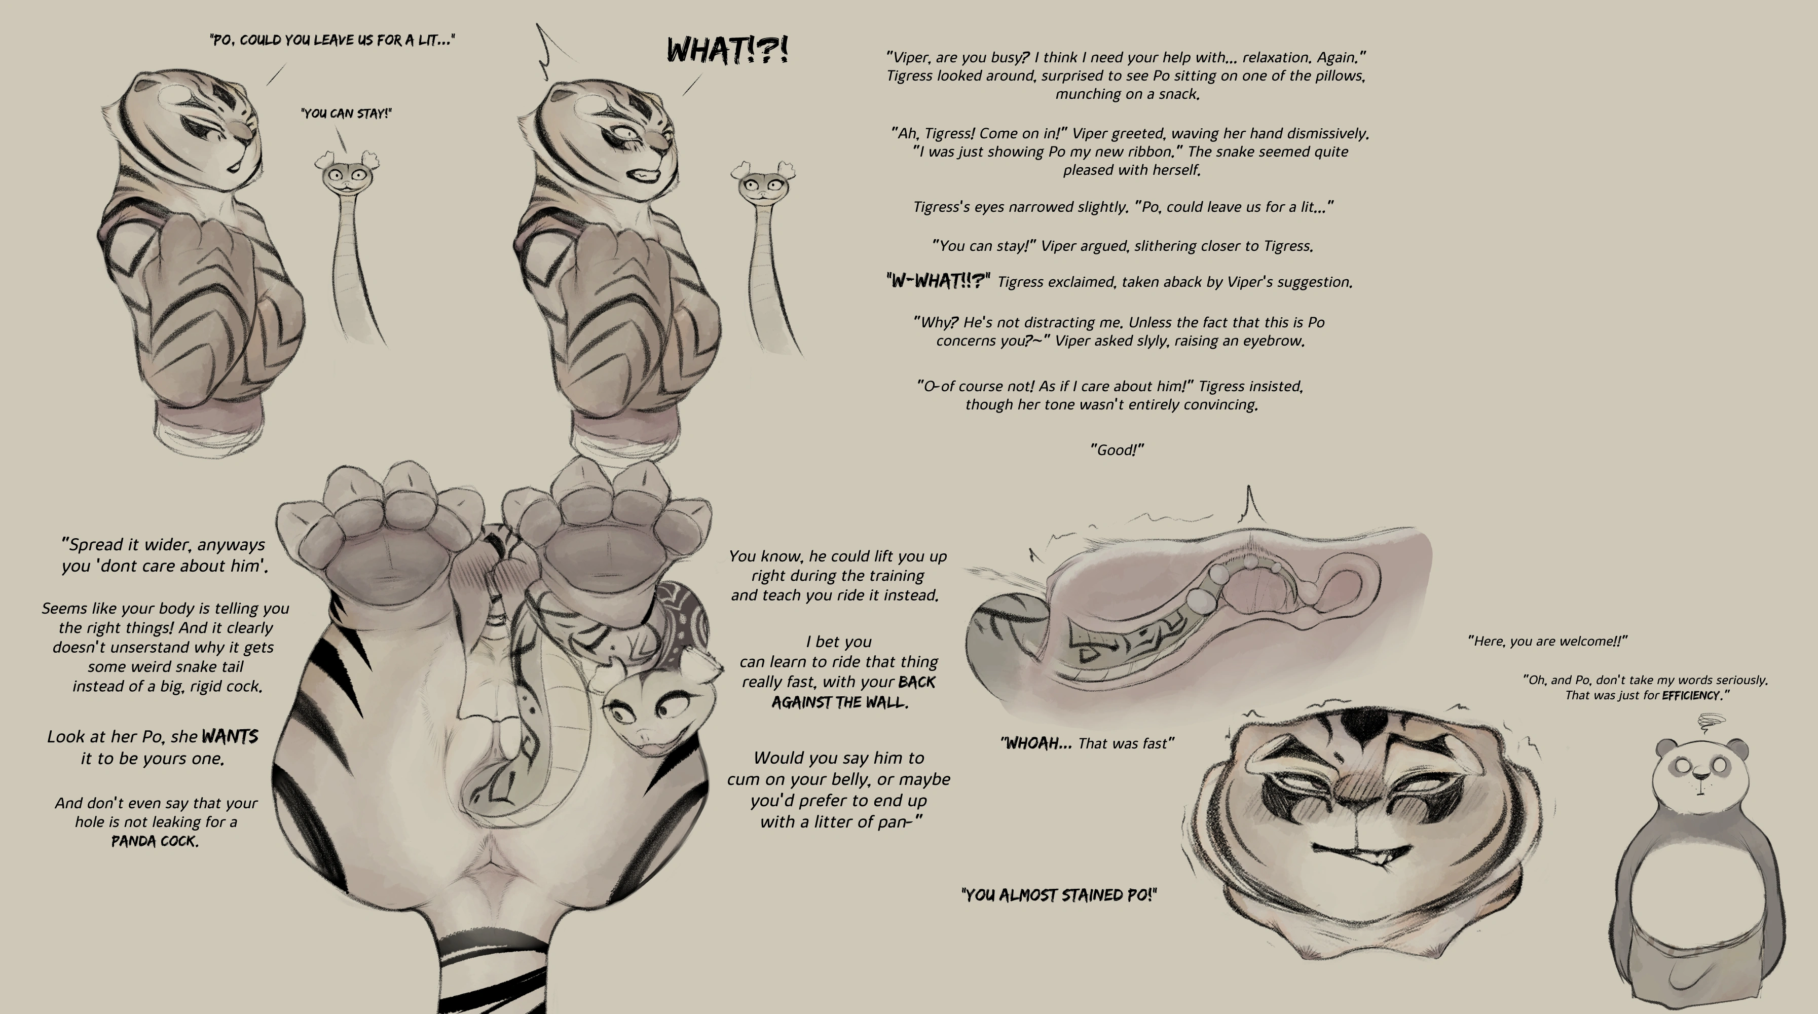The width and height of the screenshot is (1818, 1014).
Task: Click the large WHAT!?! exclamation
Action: click(x=728, y=50)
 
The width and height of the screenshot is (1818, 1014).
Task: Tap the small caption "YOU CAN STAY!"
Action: click(x=346, y=114)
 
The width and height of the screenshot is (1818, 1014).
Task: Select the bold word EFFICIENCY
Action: click(x=1690, y=696)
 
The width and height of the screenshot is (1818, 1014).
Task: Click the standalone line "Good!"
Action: click(x=1117, y=449)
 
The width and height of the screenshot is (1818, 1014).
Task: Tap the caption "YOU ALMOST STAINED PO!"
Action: click(x=1059, y=895)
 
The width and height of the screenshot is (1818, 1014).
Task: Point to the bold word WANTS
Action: click(x=230, y=737)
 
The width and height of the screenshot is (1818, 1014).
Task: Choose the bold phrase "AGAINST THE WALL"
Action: click(x=838, y=703)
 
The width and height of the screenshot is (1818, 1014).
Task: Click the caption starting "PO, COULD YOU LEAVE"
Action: click(x=332, y=40)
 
